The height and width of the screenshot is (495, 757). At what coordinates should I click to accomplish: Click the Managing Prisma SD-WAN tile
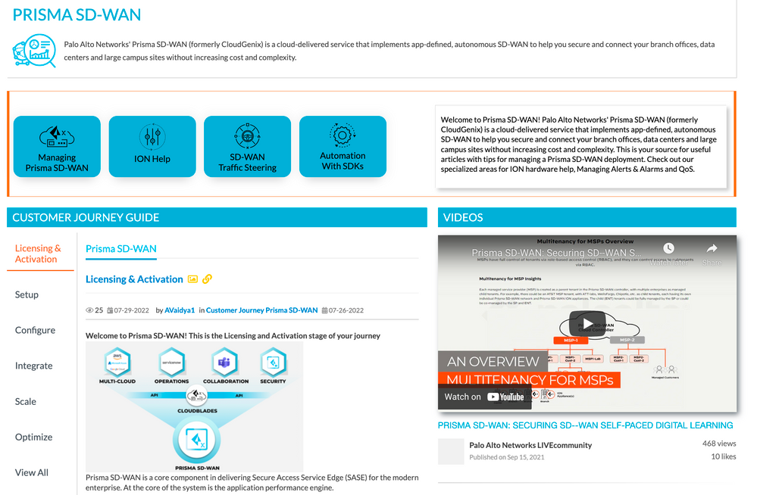pos(57,146)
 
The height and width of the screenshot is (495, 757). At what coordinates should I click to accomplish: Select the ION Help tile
pos(152,146)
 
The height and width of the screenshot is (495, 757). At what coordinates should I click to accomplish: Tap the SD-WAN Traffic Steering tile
pos(247,146)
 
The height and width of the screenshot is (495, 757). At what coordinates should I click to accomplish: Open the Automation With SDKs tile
pos(343,146)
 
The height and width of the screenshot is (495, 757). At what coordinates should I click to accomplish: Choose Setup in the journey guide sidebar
pos(27,294)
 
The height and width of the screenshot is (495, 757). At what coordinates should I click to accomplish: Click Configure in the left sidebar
pos(35,330)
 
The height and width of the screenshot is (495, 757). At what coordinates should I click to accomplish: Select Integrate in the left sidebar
pos(34,366)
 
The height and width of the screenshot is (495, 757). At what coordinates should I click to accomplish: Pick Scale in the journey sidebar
pos(26,401)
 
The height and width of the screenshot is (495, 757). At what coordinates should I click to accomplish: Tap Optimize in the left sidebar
pos(34,437)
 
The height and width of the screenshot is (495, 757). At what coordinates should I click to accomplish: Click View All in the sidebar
pos(32,472)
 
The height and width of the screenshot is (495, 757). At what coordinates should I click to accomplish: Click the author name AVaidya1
pos(180,310)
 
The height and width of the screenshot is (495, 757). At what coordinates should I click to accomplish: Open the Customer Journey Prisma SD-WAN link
pos(262,310)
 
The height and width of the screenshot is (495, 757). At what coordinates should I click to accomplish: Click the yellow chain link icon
pos(208,279)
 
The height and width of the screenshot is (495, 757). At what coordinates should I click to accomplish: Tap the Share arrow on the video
pos(712,252)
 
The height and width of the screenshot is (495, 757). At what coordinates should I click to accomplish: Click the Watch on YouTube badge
pos(484,397)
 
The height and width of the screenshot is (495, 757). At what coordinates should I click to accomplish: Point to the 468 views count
pos(719,444)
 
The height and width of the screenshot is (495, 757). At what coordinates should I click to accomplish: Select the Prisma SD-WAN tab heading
pos(121,249)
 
